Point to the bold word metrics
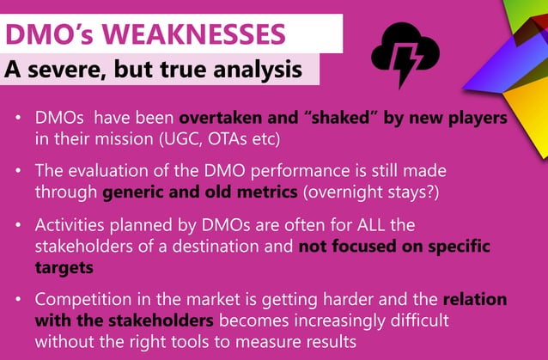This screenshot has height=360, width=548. [x=252, y=192]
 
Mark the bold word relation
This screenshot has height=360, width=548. [x=474, y=301]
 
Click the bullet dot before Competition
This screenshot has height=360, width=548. [x=19, y=301]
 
